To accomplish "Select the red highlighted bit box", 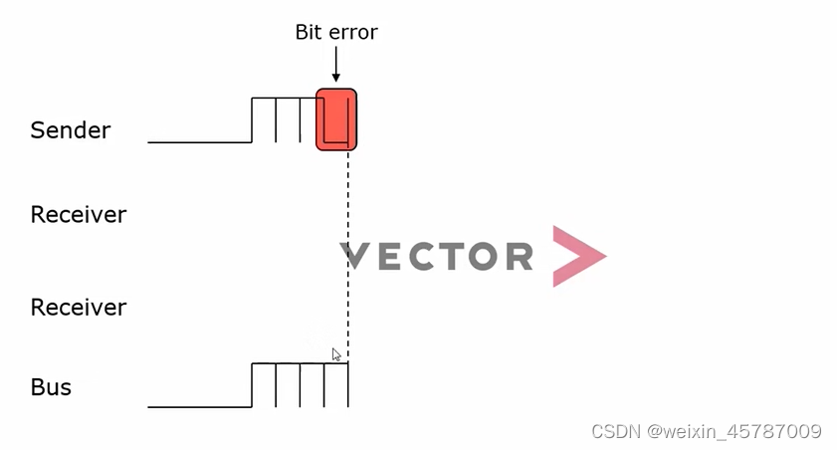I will tap(336, 119).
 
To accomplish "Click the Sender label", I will tap(71, 130).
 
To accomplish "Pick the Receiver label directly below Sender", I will tap(79, 215).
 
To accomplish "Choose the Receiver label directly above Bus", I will tap(79, 308).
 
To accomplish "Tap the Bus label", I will tap(51, 387).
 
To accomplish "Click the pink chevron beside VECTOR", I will tap(577, 257).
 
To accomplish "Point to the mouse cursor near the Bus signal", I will tap(336, 354).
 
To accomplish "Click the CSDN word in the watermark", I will tap(615, 432).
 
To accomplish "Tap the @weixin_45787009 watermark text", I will tap(734, 432).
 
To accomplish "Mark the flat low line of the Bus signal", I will tap(199, 406).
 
